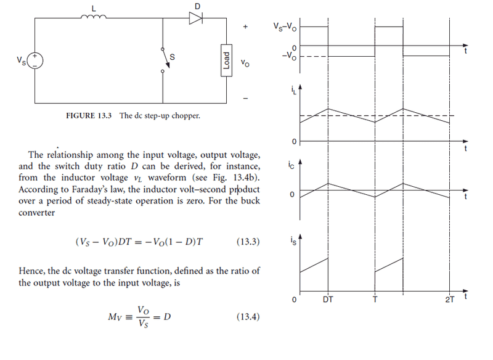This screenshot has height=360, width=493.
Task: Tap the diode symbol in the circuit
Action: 196,18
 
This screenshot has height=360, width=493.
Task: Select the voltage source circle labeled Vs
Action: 35,60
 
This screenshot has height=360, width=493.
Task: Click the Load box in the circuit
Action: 226,60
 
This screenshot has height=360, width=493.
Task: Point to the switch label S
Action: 172,57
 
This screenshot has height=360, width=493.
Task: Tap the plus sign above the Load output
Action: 245,28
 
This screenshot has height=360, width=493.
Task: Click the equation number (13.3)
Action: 248,242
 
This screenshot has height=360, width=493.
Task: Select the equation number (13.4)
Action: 248,317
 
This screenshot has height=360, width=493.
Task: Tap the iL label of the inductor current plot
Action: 293,93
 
